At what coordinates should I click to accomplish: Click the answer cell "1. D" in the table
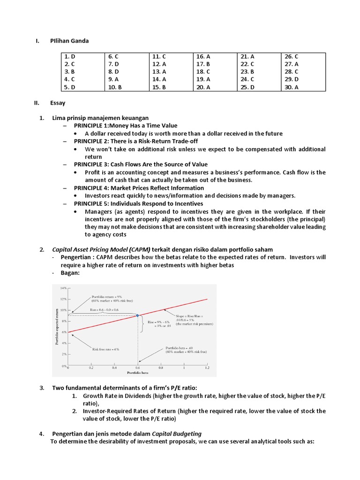[70, 56]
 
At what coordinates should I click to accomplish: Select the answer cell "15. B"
[159, 87]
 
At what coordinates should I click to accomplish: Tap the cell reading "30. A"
[291, 87]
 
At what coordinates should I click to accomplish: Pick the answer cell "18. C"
[203, 72]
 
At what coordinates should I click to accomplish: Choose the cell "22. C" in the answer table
[247, 64]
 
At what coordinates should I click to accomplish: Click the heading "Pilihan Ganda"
[69, 41]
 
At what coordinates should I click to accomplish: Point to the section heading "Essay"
[58, 103]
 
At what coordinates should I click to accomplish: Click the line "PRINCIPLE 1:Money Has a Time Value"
[125, 126]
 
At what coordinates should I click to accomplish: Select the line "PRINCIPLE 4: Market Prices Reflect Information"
[139, 188]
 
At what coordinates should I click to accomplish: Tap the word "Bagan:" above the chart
[70, 273]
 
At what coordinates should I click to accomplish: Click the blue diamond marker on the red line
[137, 315]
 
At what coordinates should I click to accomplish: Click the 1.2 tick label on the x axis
[207, 368]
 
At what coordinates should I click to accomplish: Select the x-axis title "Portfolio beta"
[137, 373]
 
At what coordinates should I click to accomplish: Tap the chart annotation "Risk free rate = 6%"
[105, 349]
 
